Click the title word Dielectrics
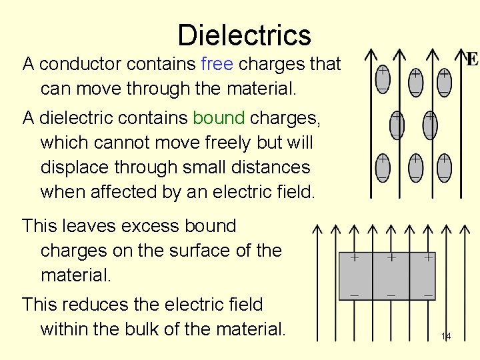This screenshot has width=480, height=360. (244, 35)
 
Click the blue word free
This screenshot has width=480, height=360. (217, 64)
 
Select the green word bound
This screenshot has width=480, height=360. (219, 118)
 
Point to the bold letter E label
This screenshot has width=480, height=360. (471, 60)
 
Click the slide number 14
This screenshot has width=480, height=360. (445, 337)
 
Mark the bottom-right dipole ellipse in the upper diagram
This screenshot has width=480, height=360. (444, 167)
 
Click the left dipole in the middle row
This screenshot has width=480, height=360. (396, 125)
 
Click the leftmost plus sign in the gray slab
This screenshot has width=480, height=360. (355, 257)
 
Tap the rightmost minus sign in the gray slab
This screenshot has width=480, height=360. (427, 295)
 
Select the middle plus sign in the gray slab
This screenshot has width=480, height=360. (391, 257)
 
